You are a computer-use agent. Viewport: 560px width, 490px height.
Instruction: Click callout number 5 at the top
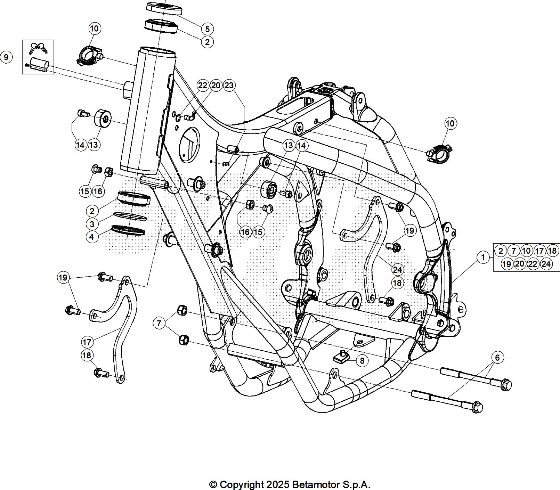pyautogui.click(x=207, y=29)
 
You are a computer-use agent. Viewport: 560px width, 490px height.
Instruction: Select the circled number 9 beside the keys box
pyautogui.click(x=6, y=57)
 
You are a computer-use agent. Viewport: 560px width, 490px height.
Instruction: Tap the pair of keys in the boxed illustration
pyautogui.click(x=38, y=48)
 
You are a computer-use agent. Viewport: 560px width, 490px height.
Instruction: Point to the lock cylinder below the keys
pyautogui.click(x=39, y=65)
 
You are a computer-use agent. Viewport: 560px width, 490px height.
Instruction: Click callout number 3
pyautogui.click(x=92, y=224)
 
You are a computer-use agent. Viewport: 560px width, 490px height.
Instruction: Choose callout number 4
pyautogui.click(x=92, y=237)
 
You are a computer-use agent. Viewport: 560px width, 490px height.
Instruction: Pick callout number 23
pyautogui.click(x=229, y=85)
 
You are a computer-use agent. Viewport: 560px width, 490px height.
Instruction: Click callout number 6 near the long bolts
pyautogui.click(x=497, y=358)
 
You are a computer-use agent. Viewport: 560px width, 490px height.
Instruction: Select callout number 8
pyautogui.click(x=362, y=360)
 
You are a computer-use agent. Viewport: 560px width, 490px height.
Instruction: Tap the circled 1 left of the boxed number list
pyautogui.click(x=483, y=258)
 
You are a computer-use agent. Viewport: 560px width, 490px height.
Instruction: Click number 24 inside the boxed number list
pyautogui.click(x=546, y=264)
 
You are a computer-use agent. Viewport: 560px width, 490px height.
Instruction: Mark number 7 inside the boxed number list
pyautogui.click(x=513, y=251)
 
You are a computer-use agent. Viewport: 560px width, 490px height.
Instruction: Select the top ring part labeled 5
pyautogui.click(x=164, y=8)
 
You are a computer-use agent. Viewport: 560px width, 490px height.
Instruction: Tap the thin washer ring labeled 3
pyautogui.click(x=130, y=217)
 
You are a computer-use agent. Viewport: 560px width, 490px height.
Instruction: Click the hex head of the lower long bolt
pyautogui.click(x=478, y=407)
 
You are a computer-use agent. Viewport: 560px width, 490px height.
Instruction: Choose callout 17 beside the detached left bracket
pyautogui.click(x=87, y=342)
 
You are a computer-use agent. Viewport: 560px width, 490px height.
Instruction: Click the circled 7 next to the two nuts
pyautogui.click(x=159, y=323)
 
